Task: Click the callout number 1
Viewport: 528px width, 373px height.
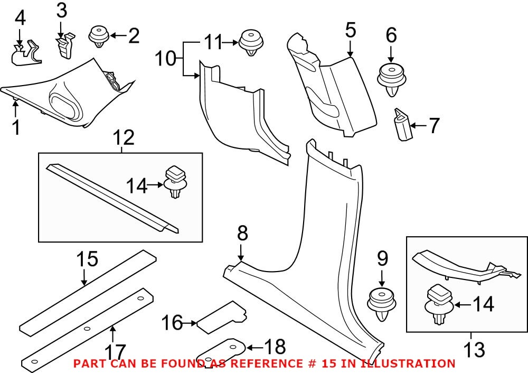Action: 16,127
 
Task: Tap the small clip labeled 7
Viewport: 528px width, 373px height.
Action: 402,125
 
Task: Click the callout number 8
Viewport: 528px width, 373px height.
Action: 242,233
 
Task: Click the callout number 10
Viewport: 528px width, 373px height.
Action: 166,58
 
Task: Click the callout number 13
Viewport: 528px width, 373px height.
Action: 474,349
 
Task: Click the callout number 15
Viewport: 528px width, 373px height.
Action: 87,259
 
